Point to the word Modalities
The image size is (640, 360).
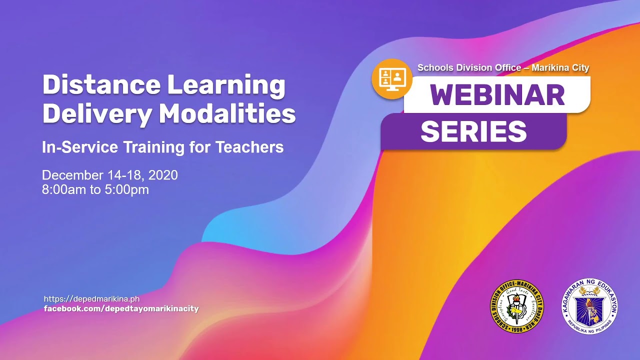[227, 114]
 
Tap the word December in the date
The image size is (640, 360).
[72, 175]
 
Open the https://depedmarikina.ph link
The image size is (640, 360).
[91, 299]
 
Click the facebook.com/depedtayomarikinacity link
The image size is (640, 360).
[121, 309]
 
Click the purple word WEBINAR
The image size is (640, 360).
[497, 95]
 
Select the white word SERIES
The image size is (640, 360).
[473, 132]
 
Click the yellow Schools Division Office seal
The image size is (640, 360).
[516, 306]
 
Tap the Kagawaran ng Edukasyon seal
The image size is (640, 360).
[589, 305]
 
